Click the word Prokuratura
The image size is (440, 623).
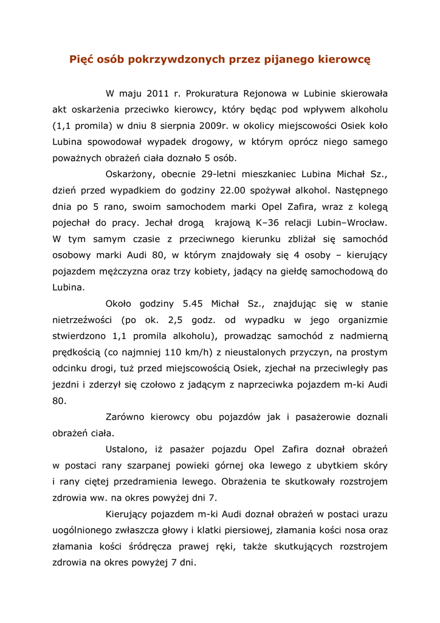211,94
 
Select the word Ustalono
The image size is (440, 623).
126,450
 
